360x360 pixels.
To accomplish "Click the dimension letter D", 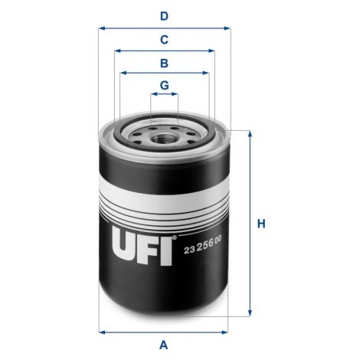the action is [x=164, y=16].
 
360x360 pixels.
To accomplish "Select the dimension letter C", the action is [x=164, y=40].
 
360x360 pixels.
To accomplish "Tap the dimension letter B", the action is [x=164, y=63].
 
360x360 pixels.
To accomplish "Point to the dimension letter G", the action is [x=164, y=85].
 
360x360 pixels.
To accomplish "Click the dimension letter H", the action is [x=261, y=224].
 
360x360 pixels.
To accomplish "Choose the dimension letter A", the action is [x=164, y=345].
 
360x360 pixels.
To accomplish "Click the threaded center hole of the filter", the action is [x=161, y=139].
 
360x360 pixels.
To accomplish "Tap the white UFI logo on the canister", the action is [x=142, y=246].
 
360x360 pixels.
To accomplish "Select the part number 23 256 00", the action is [x=203, y=246].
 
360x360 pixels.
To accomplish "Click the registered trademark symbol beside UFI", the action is [x=175, y=237].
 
